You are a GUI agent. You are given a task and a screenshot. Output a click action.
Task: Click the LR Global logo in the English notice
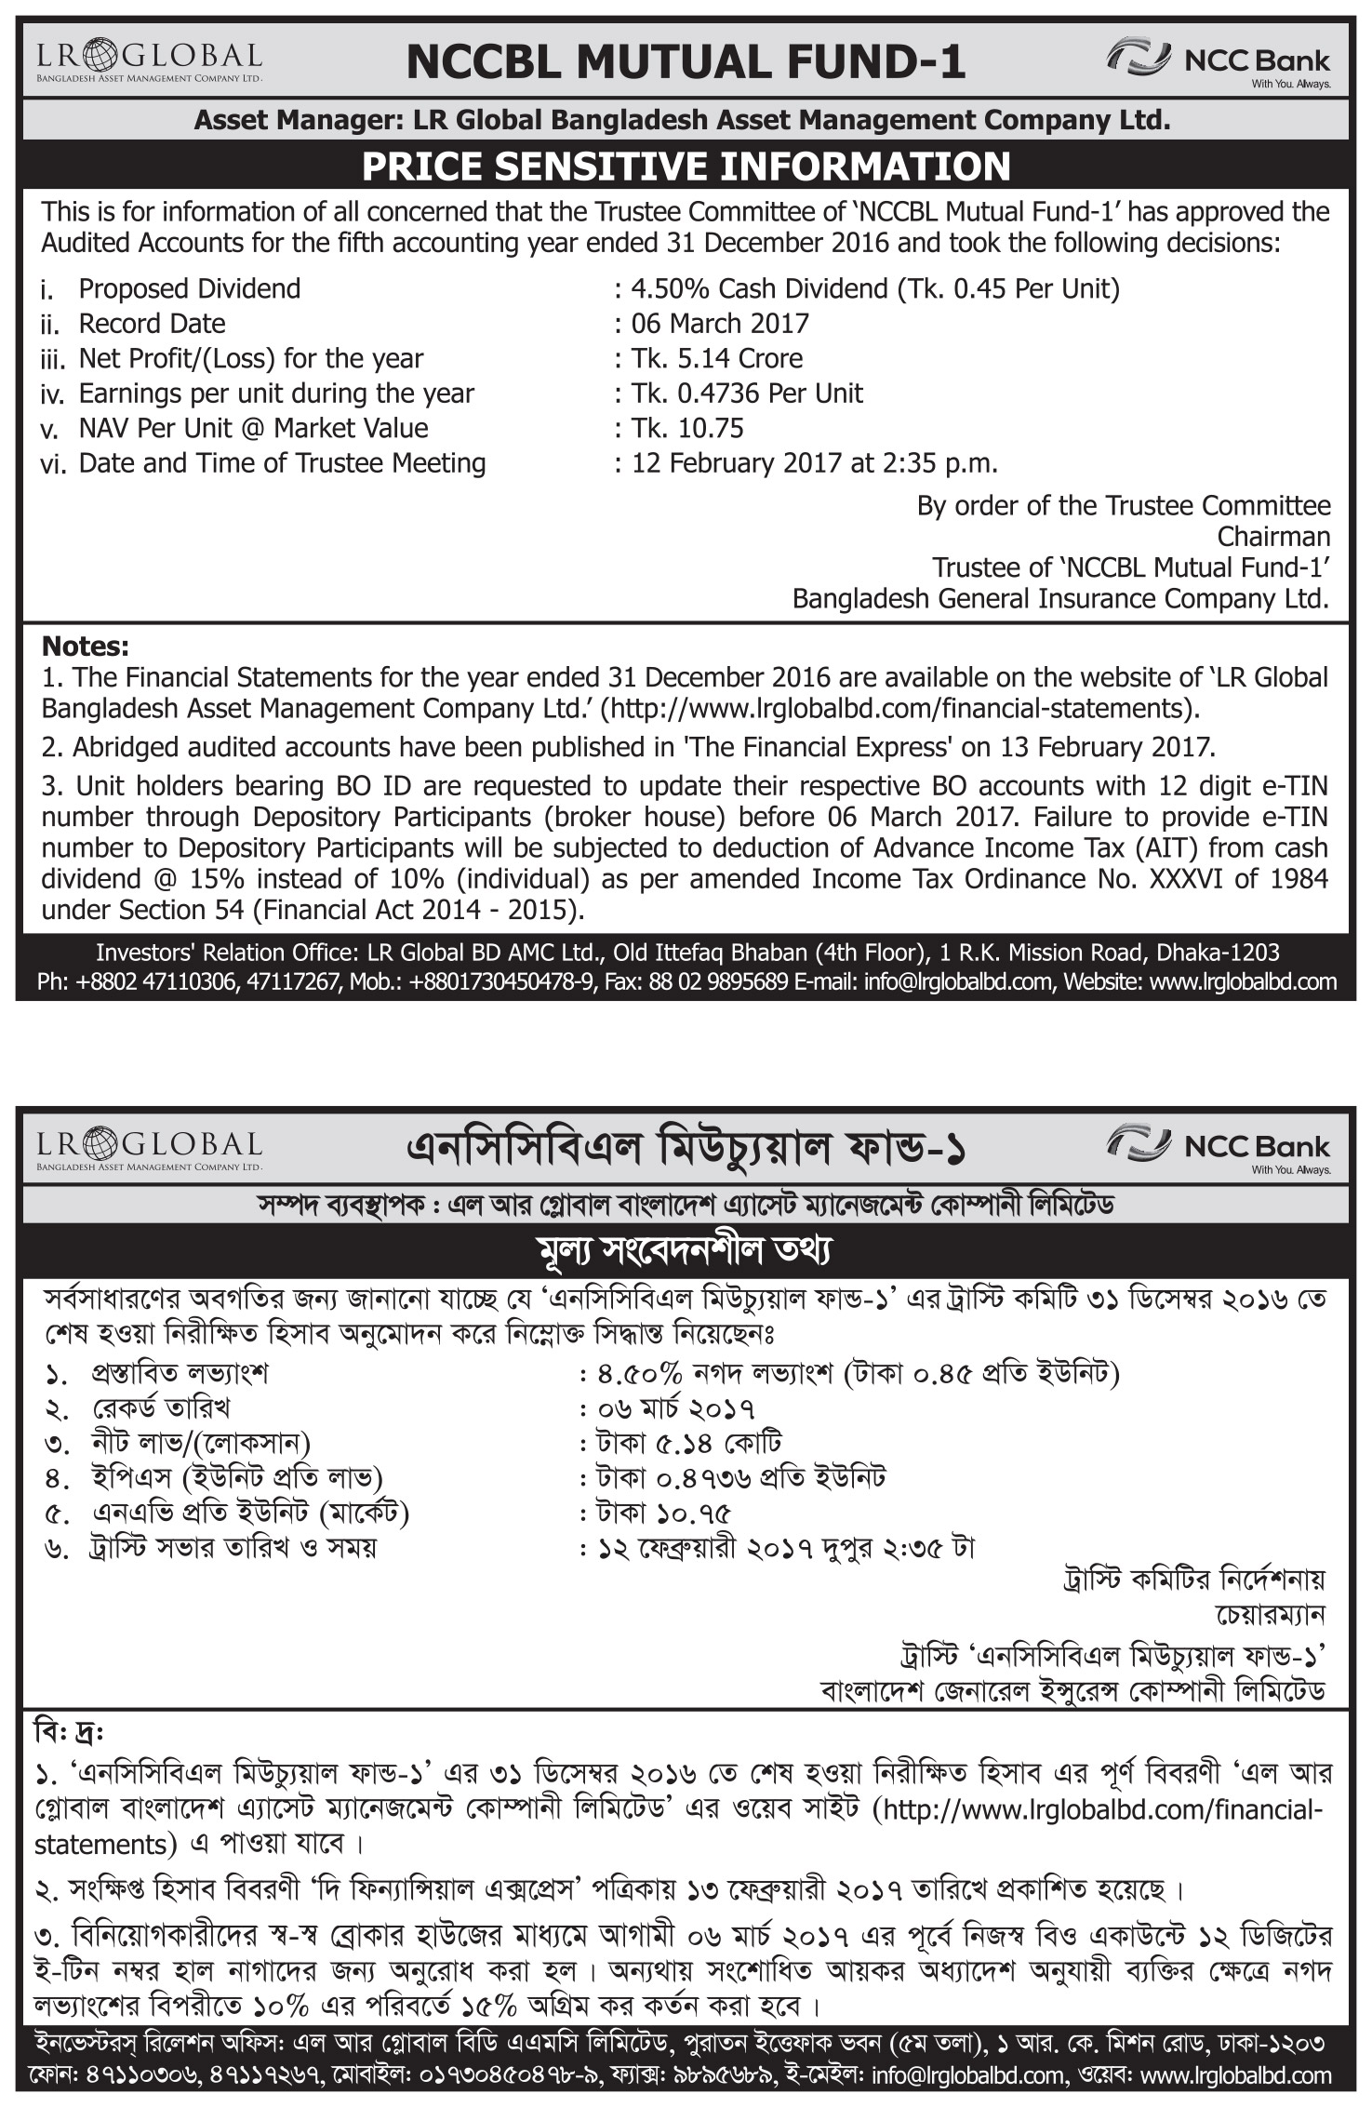coord(150,61)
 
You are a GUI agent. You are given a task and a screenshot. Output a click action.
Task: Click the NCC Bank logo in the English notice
coord(1218,61)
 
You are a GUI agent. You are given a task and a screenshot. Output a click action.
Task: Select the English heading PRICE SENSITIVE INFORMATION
coord(686,167)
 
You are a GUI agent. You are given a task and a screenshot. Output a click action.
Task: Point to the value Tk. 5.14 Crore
coord(717,358)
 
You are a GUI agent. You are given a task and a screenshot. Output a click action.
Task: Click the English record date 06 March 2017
coord(720,324)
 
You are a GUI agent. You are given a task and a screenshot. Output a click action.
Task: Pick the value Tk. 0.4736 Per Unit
coord(747,393)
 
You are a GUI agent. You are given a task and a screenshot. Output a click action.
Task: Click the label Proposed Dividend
coord(189,288)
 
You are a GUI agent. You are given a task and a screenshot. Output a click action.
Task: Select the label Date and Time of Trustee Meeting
coord(282,463)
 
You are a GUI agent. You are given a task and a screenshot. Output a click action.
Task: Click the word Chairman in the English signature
coord(1273,537)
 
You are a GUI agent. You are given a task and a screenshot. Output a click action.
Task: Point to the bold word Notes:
coord(86,646)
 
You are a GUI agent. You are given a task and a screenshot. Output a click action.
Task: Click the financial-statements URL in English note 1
coord(899,708)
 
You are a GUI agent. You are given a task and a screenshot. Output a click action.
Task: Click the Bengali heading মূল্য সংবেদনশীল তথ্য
coord(686,1250)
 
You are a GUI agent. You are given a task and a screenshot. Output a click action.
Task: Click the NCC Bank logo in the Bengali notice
coord(1218,1148)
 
